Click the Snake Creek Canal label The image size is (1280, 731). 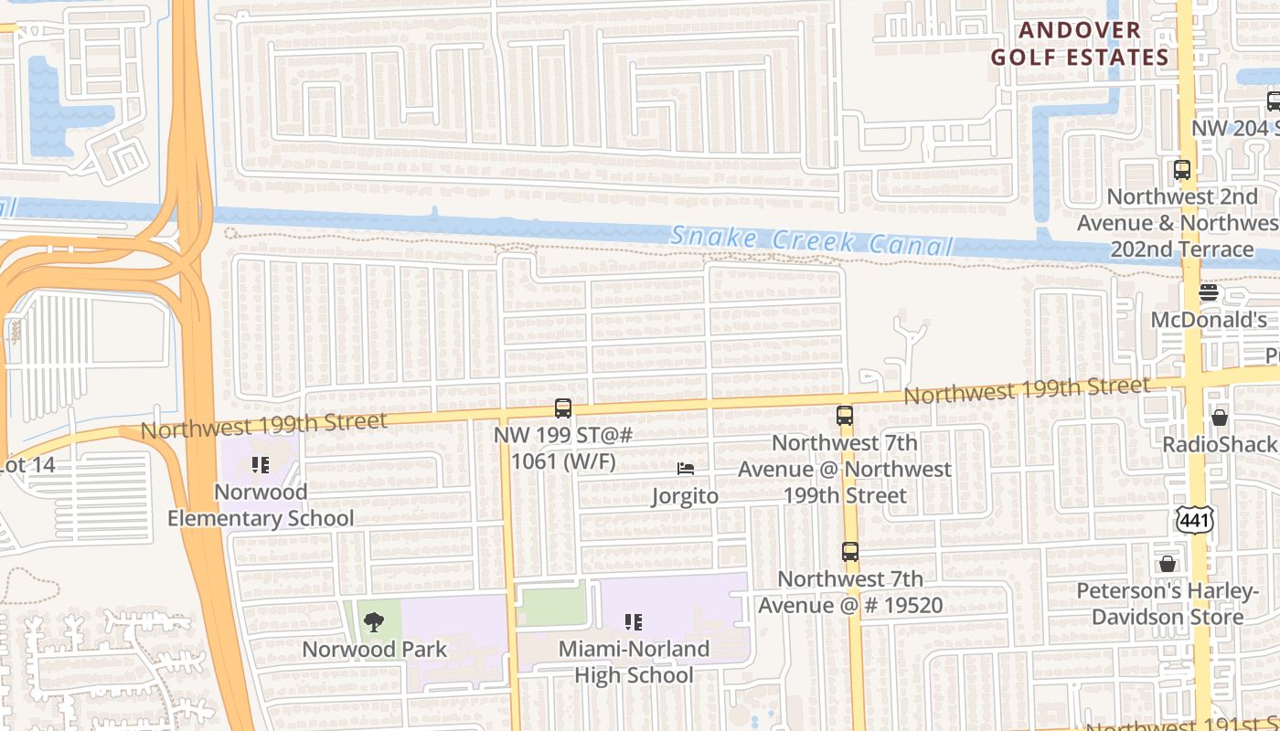[812, 240]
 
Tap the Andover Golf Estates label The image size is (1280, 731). [1081, 43]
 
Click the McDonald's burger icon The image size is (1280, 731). [1209, 292]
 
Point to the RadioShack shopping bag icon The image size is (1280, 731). [1220, 418]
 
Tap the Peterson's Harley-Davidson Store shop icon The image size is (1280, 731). [1168, 564]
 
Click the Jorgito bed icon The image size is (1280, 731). [686, 469]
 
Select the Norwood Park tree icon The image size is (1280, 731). [373, 622]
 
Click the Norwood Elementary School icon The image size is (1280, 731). [261, 465]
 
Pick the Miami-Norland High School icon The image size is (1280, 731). [633, 622]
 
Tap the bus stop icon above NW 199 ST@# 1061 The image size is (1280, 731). [563, 408]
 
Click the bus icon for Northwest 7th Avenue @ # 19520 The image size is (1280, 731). [850, 552]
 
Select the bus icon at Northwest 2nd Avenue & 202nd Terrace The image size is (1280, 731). [1182, 170]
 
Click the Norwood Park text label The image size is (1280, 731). [375, 650]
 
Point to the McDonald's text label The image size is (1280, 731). [1209, 320]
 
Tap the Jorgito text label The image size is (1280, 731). [685, 496]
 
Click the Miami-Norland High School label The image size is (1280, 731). [634, 662]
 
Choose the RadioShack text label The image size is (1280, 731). [1220, 445]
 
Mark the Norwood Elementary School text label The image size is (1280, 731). [261, 505]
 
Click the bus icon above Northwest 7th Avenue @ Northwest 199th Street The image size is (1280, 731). [845, 416]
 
